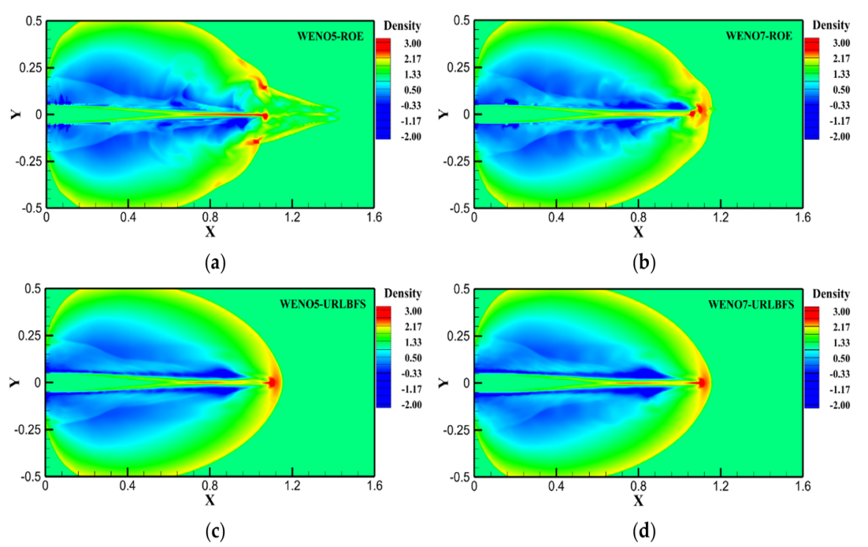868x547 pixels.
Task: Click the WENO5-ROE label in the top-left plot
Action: pyautogui.click(x=330, y=37)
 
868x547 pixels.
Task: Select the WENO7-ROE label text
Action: pyautogui.click(x=759, y=36)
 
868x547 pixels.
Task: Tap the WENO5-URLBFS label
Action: pyautogui.click(x=323, y=304)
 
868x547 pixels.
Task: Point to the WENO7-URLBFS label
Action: pyautogui.click(x=751, y=305)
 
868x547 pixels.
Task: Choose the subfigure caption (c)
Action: pyautogui.click(x=215, y=532)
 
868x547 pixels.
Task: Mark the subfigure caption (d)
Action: pyautogui.click(x=644, y=532)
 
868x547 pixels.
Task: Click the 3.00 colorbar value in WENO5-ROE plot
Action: pyautogui.click(x=413, y=43)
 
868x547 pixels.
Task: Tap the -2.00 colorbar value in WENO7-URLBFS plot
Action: pyautogui.click(x=840, y=405)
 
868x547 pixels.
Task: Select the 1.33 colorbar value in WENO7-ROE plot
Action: pyautogui.click(x=842, y=74)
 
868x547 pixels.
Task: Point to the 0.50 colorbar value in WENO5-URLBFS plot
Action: pyautogui.click(x=413, y=358)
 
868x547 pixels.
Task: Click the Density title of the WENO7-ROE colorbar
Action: pyautogui.click(x=831, y=26)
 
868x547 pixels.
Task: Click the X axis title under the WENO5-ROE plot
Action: pyautogui.click(x=210, y=232)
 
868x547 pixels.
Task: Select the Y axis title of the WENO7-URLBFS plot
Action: pyautogui.click(x=444, y=383)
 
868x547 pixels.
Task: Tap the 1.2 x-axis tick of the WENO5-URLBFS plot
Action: pyautogui.click(x=292, y=485)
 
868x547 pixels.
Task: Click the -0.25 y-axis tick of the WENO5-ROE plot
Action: pyautogui.click(x=28, y=162)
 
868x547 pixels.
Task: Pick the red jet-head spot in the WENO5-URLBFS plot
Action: pyautogui.click(x=272, y=383)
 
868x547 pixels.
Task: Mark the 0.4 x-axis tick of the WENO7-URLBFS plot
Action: pyautogui.click(x=556, y=486)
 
